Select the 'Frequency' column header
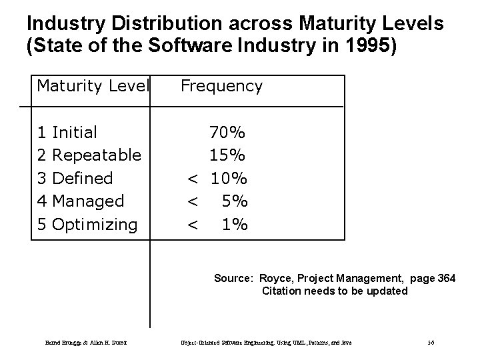coord(221,86)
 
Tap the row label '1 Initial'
coord(67,132)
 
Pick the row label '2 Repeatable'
coord(89,155)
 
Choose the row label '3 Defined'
coord(75,178)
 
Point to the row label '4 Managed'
coord(81,201)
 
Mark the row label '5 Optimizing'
coord(87,224)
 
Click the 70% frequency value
coord(227,132)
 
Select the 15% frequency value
coord(227,155)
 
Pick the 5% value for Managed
coord(235,201)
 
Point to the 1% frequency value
coord(235,224)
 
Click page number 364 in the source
coord(446,279)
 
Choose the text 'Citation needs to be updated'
coord(335,291)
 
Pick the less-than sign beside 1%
coord(192,224)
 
